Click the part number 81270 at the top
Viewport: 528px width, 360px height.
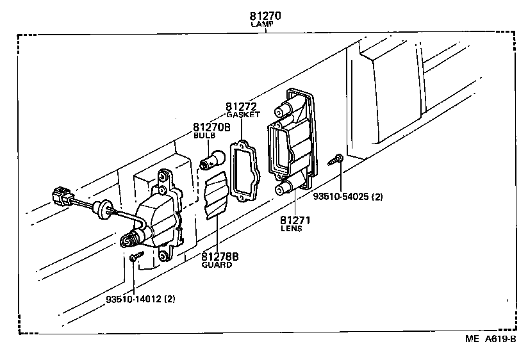[261, 15]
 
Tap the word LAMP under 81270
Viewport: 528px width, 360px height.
[261, 24]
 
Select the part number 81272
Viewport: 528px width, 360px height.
[241, 106]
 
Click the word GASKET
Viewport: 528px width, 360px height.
[243, 115]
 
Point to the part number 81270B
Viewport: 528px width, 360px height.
[211, 127]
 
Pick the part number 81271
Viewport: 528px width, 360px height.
[295, 220]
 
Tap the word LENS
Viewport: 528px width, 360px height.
[292, 229]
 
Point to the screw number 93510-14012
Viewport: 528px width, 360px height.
[135, 299]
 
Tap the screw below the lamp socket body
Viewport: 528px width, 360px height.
[134, 258]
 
